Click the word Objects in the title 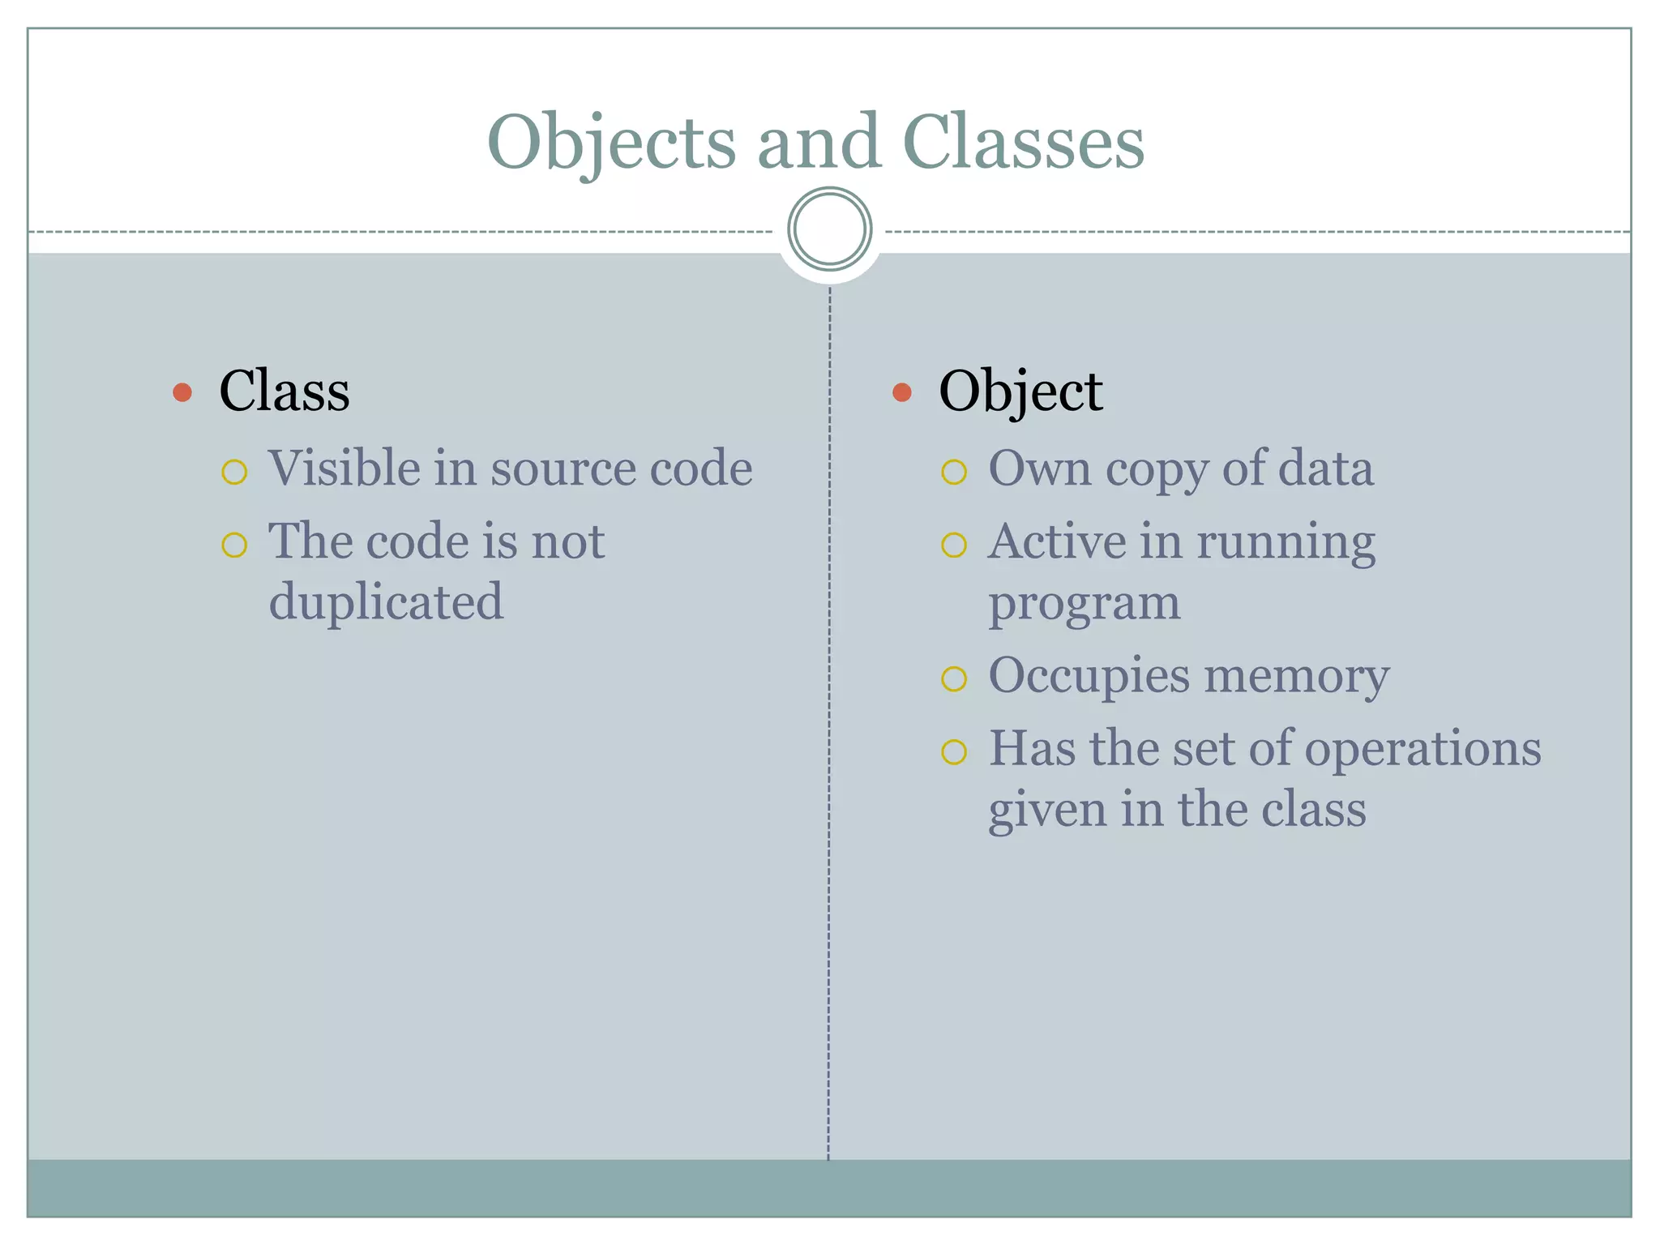pyautogui.click(x=611, y=143)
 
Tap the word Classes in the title pyautogui.click(x=1023, y=142)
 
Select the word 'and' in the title pyautogui.click(x=818, y=142)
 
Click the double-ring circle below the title pyautogui.click(x=829, y=229)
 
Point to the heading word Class pyautogui.click(x=285, y=391)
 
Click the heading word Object pyautogui.click(x=1020, y=392)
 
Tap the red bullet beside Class pyautogui.click(x=182, y=393)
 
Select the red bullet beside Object pyautogui.click(x=901, y=393)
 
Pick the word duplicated pyautogui.click(x=386, y=601)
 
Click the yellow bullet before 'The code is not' pyautogui.click(x=234, y=545)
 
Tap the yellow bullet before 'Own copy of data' pyautogui.click(x=954, y=472)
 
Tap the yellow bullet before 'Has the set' pyautogui.click(x=954, y=752)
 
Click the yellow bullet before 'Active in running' pyautogui.click(x=954, y=545)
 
